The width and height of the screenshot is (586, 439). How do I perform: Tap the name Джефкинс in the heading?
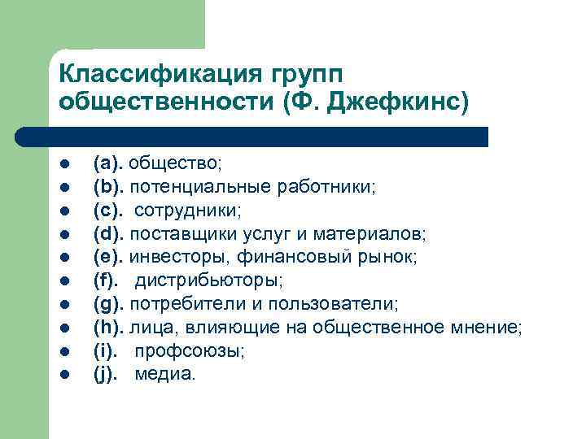coord(397,102)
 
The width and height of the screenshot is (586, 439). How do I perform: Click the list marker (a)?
coord(107,163)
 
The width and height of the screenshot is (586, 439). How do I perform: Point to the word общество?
coord(174,163)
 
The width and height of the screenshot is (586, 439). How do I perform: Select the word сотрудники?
coord(188,211)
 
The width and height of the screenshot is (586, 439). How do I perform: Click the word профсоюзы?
coord(189,352)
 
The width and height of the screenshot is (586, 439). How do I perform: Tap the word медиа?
coord(165,375)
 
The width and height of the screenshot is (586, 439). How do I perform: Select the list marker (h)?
coord(108,328)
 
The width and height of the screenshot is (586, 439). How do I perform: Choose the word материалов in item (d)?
coord(378,234)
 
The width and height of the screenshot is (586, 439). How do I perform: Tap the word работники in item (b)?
coord(336,187)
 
